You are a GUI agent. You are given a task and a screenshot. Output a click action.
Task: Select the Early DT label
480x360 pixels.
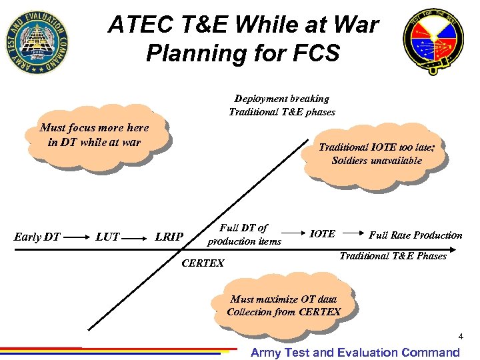pos(37,236)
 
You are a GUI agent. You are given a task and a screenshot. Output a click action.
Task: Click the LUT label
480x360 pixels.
pos(107,236)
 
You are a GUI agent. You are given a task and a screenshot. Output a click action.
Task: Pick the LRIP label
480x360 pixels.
pos(169,236)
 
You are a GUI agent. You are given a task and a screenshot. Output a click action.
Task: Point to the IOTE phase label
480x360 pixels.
pos(323,234)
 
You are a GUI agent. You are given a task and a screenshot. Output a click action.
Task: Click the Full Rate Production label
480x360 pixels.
pos(415,235)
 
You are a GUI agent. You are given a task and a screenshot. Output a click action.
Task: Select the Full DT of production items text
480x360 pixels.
pos(244,234)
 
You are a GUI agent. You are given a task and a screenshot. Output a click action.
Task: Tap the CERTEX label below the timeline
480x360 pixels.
pos(203,263)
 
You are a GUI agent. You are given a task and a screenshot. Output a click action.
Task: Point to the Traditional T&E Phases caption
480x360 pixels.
pos(393,255)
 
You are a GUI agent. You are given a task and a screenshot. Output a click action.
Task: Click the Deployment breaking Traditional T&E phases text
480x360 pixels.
pos(281,105)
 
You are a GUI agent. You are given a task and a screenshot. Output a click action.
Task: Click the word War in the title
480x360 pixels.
pos(353,25)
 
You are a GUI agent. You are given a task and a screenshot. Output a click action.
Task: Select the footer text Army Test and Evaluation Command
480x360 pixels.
pos(355,353)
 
